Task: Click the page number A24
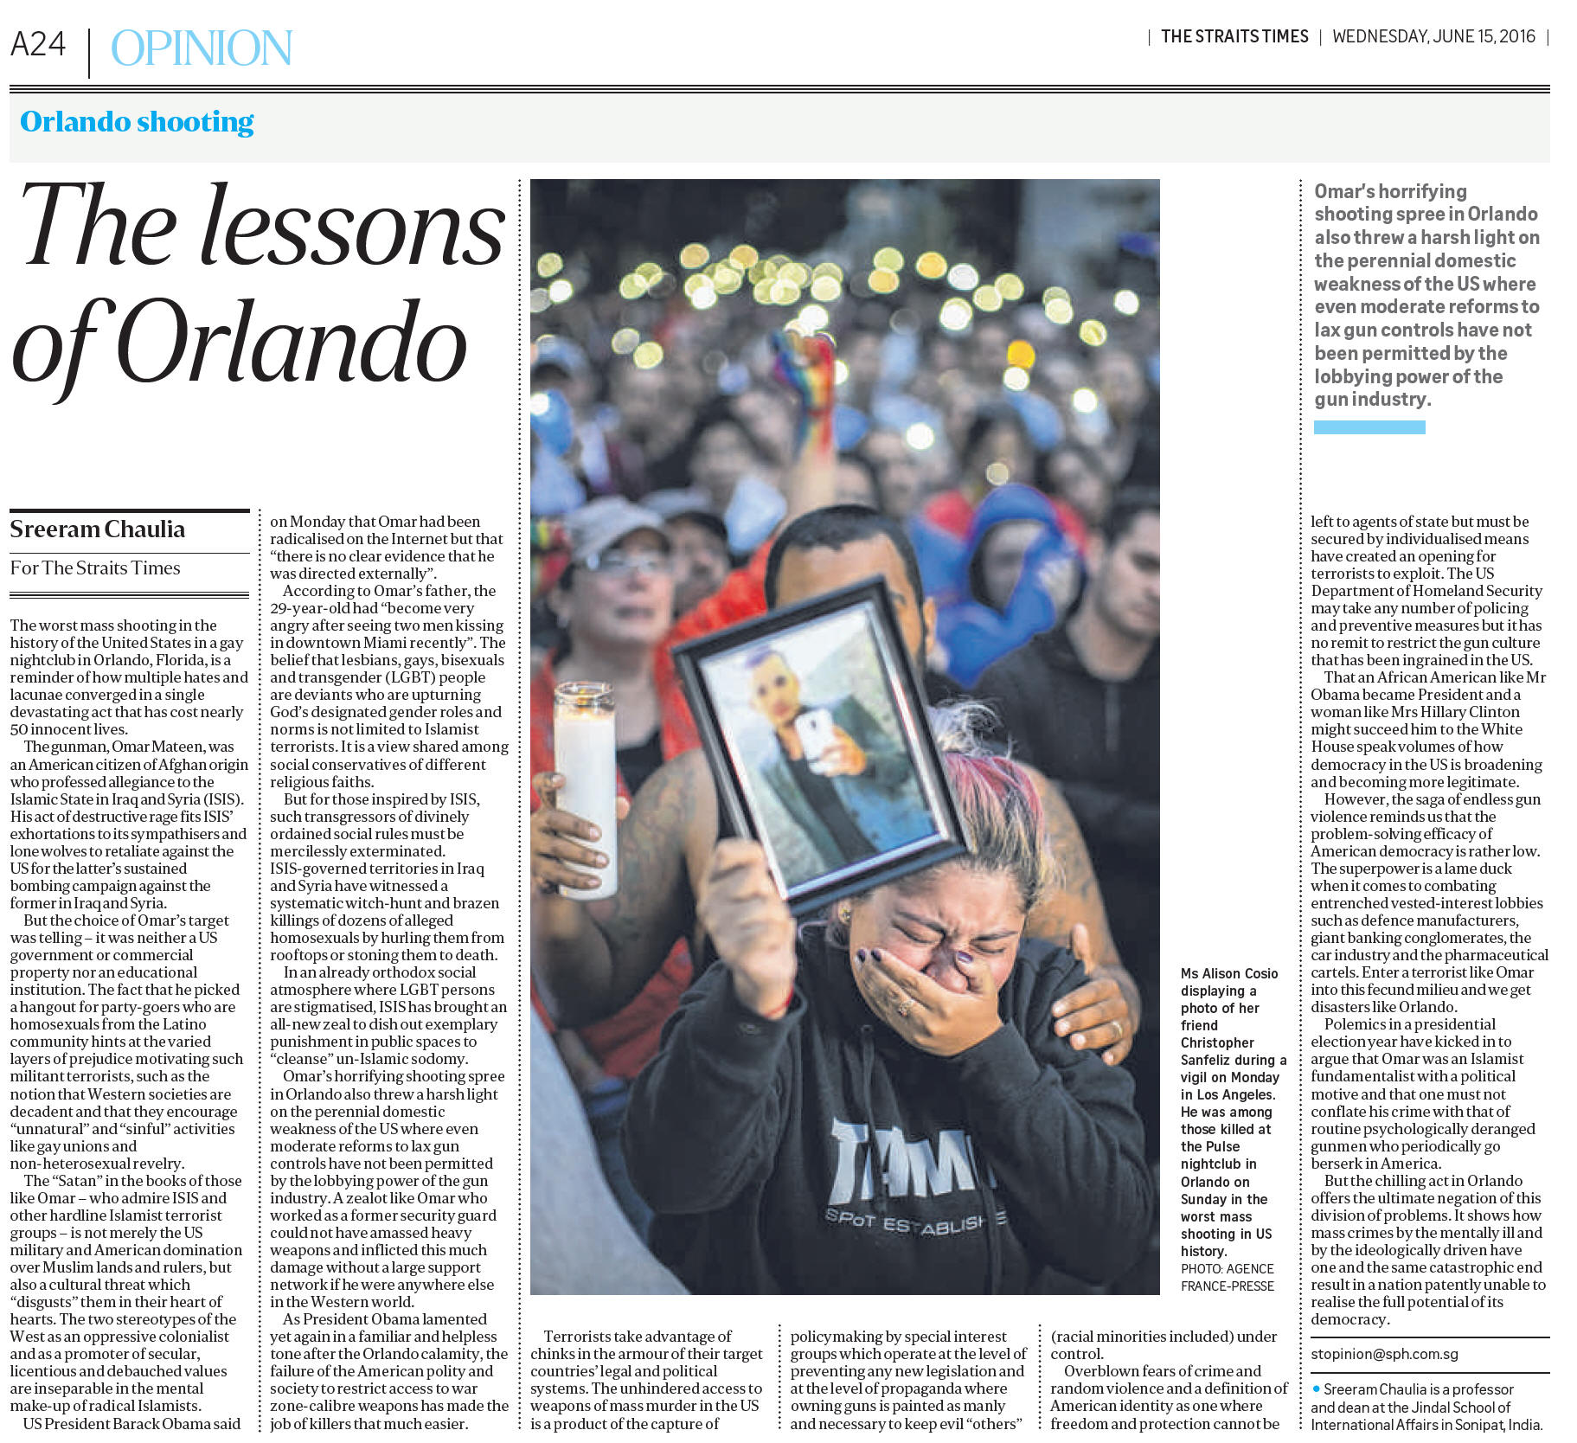(38, 44)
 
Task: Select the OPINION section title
(202, 48)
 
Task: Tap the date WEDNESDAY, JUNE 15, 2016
(1433, 36)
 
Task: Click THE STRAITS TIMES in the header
(1234, 36)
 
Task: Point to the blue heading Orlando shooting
(137, 122)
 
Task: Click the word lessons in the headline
(353, 227)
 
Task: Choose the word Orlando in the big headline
(292, 345)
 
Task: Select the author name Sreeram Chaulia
(97, 529)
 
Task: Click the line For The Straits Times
(95, 568)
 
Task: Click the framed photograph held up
(817, 746)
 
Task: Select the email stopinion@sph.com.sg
(1384, 1354)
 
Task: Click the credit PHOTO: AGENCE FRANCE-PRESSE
(1227, 1277)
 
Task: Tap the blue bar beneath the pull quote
(1369, 427)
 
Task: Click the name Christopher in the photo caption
(1216, 1042)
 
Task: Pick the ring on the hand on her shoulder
(1117, 1029)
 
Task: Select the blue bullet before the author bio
(1316, 1388)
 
